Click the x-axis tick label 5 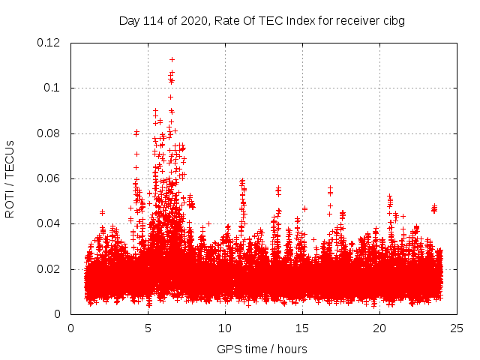pos(148,328)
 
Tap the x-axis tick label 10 pos(225,328)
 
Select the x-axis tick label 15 pos(302,328)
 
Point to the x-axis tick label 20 pos(379,328)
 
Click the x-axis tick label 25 pos(457,328)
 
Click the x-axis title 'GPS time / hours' pos(262,349)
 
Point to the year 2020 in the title pos(192,20)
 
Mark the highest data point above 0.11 pos(172,59)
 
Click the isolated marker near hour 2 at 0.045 pos(102,212)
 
